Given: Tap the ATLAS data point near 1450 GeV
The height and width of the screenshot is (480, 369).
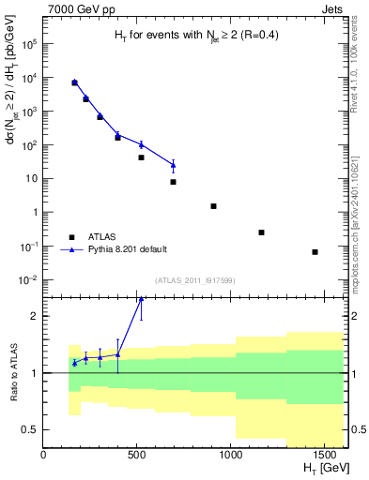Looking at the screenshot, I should coord(315,252).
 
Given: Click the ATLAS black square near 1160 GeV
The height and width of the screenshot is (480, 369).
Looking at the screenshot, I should coord(261,232).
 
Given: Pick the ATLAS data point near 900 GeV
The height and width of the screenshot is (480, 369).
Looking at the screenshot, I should coord(213,206).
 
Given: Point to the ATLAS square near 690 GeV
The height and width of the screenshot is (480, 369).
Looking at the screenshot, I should coord(174,182).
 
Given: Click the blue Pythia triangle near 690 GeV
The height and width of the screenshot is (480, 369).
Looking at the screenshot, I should coord(174,165).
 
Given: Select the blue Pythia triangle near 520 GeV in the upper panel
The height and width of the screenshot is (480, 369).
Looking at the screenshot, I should coord(141,144).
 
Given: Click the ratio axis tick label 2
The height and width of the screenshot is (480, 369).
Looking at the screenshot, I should coord(34,316).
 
